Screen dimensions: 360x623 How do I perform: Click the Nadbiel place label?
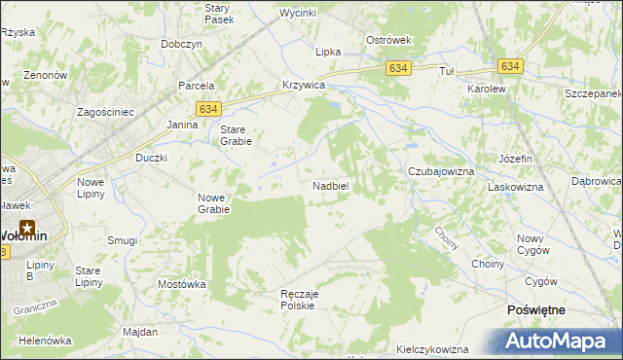coord(331,185)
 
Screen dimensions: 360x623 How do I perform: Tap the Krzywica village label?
coord(303,85)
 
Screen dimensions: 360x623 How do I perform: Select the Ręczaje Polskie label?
coord(300,299)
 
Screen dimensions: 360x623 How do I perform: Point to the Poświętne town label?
coord(537,308)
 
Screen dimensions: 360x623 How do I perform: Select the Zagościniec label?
coord(105,112)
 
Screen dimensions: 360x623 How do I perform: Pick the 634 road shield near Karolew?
coord(510,66)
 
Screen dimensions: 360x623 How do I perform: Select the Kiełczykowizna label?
coord(433,348)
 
